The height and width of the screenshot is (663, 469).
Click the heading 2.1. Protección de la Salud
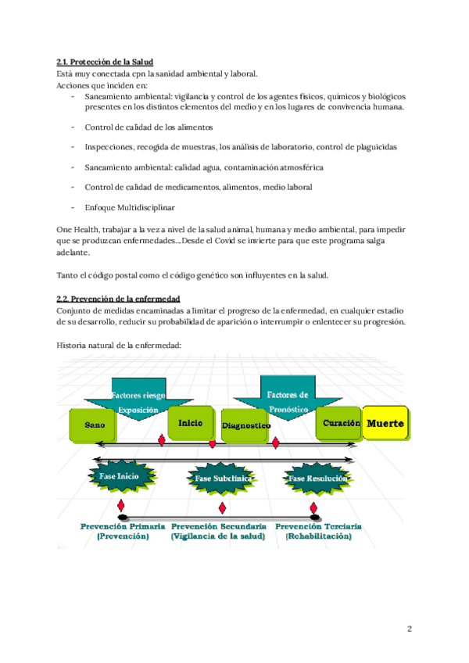[105, 62]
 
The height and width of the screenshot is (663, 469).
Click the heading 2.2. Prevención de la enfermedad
[118, 299]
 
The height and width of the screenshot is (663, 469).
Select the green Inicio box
[190, 422]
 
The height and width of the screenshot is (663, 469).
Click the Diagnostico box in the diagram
[245, 425]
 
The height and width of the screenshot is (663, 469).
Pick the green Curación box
[338, 422]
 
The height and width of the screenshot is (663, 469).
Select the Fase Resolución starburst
[317, 478]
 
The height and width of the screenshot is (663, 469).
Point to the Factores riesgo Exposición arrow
[138, 403]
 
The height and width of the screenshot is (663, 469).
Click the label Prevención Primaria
[123, 527]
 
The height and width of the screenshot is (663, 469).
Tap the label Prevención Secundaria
[218, 527]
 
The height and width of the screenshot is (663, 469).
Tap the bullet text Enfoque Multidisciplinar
[130, 207]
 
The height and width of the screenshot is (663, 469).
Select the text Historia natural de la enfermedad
[120, 344]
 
